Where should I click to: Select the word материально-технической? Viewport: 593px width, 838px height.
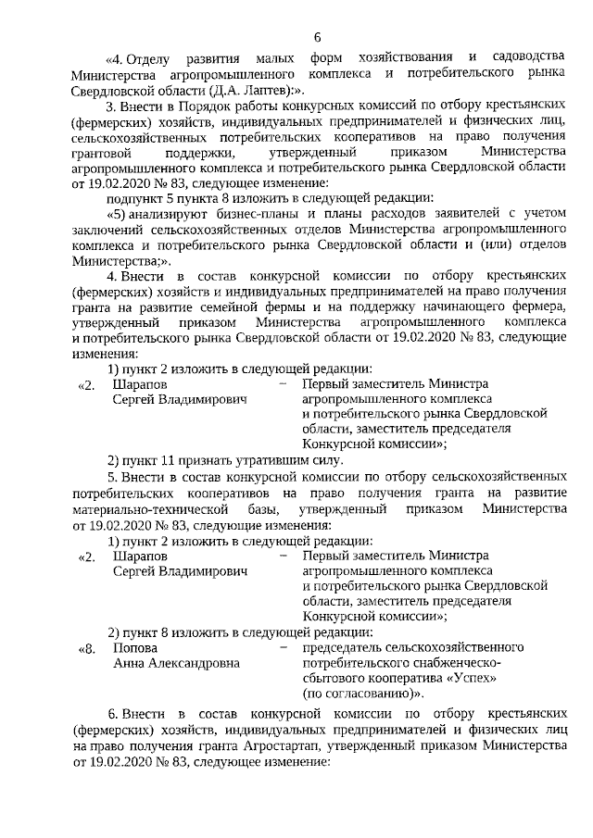148,510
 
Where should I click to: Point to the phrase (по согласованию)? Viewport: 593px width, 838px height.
362,693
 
